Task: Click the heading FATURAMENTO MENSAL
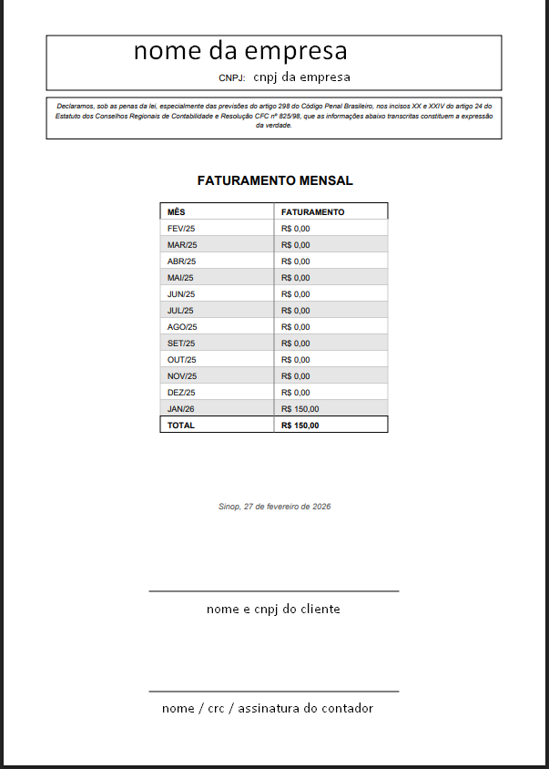tap(274, 180)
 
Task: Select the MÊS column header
tap(176, 211)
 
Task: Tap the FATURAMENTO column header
tap(312, 211)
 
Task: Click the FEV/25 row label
tap(182, 228)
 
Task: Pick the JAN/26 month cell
tap(181, 408)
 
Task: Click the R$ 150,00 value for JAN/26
tap(300, 408)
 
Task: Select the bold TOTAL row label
tap(180, 425)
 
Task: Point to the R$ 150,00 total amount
tap(300, 425)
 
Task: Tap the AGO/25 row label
tap(182, 326)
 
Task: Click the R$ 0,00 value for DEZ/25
tap(295, 392)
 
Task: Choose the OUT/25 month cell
tap(182, 359)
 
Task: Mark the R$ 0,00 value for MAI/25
tap(295, 277)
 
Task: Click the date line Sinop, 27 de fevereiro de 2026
tap(274, 506)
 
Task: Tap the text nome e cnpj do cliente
tap(273, 609)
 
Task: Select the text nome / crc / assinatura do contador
tap(268, 708)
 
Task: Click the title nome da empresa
tap(240, 50)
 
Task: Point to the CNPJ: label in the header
tap(232, 78)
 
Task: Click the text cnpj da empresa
tap(301, 77)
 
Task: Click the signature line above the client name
tap(273, 591)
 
